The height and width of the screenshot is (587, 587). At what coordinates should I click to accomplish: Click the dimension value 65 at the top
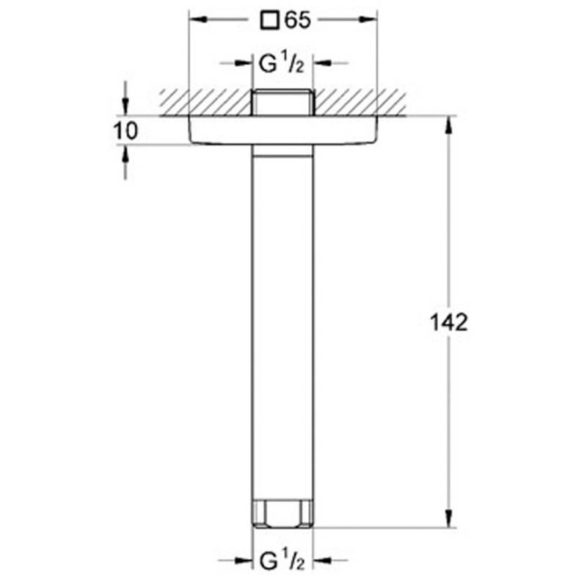pos(298,21)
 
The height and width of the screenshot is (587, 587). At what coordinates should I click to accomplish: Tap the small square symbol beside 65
pos(269,21)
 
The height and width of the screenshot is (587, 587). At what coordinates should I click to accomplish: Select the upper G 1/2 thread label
pos(282,63)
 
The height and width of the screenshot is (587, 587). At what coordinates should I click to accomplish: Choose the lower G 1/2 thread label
pos(282,561)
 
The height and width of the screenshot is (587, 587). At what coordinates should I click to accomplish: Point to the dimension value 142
pos(449,322)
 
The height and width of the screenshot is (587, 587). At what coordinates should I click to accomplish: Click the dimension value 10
pos(125,131)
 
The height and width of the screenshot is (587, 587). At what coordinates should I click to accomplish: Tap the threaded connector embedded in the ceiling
pos(282,102)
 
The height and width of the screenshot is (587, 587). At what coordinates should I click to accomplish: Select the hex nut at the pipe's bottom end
pos(282,514)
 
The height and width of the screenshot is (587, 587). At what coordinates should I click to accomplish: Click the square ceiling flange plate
pos(283,130)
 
